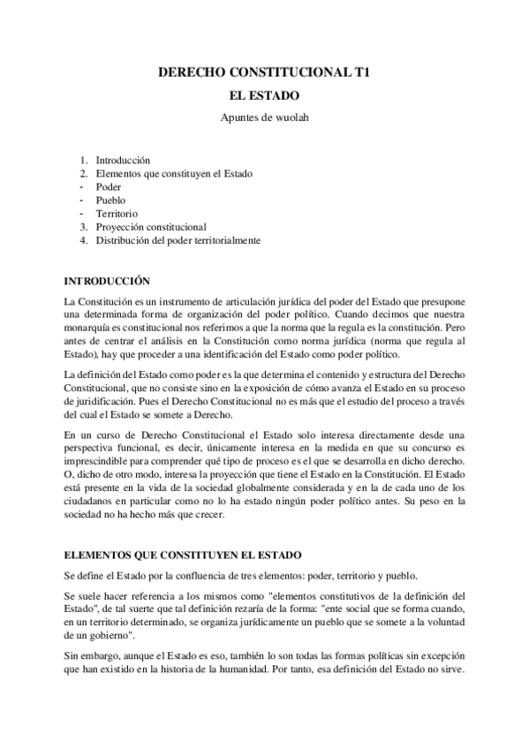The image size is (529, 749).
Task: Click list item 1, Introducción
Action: pos(124,161)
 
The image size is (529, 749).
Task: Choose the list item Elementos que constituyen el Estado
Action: pos(174,174)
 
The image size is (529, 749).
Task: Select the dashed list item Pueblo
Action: pos(110,200)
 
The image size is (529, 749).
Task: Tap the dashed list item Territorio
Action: pos(117,214)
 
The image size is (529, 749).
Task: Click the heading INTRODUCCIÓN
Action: pos(109,282)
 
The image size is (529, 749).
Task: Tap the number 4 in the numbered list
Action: pos(83,240)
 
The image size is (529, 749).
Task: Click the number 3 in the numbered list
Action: pos(83,227)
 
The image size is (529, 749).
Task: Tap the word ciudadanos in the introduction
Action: pos(89,502)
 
